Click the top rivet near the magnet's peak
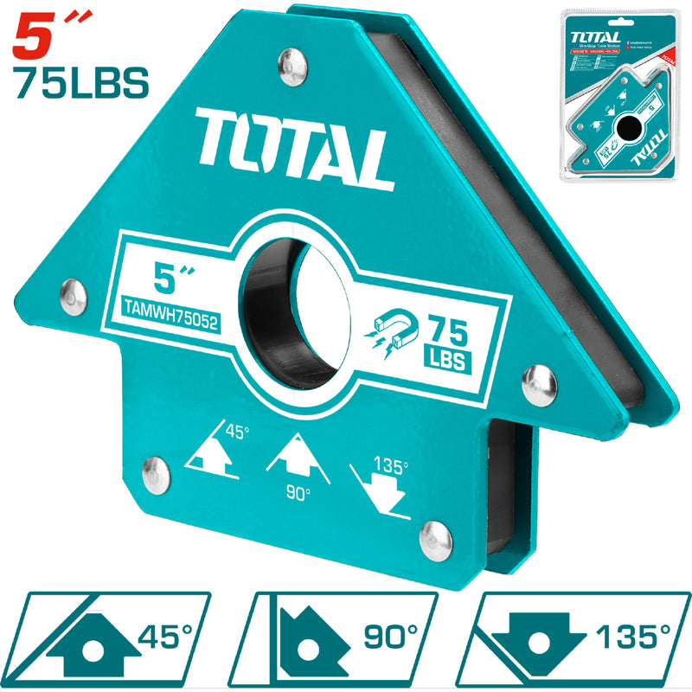[x=291, y=63]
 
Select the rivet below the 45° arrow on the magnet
[x=156, y=471]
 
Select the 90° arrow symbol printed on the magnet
[x=299, y=460]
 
